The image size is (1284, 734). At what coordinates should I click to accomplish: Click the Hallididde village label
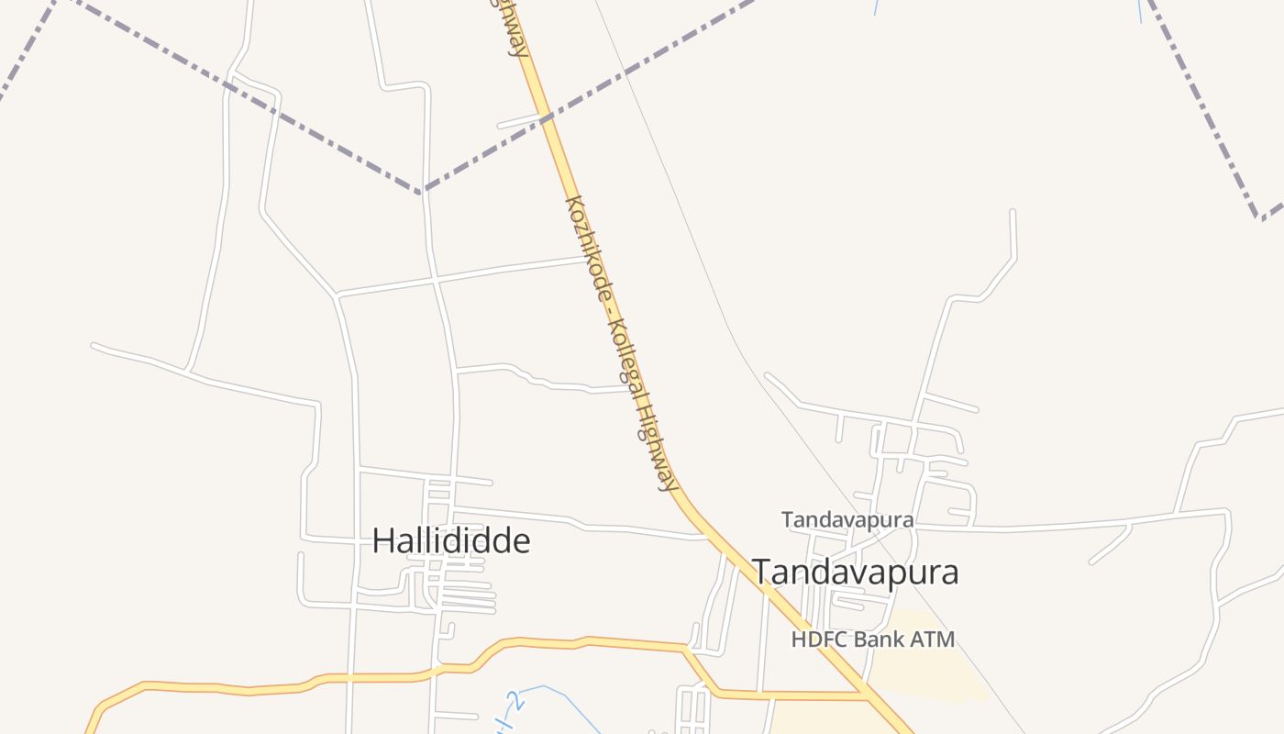pos(451,540)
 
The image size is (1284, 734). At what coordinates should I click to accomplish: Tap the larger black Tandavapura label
pos(856,572)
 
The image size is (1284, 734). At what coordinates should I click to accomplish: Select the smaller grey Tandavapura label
pos(847,519)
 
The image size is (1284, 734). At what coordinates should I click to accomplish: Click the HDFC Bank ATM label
pos(873,639)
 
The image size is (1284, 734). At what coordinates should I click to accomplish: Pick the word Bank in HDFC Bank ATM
pos(873,639)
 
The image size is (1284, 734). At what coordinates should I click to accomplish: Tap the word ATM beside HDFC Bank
pos(934,639)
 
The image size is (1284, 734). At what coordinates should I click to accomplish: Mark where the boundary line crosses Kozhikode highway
pos(547,117)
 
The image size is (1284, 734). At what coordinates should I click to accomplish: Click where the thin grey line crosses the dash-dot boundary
pos(625,72)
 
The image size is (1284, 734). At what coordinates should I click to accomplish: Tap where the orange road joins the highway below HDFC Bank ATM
pos(866,695)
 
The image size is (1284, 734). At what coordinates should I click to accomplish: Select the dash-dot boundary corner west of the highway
pos(422,192)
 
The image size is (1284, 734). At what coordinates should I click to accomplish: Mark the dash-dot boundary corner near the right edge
pos(1261,218)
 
